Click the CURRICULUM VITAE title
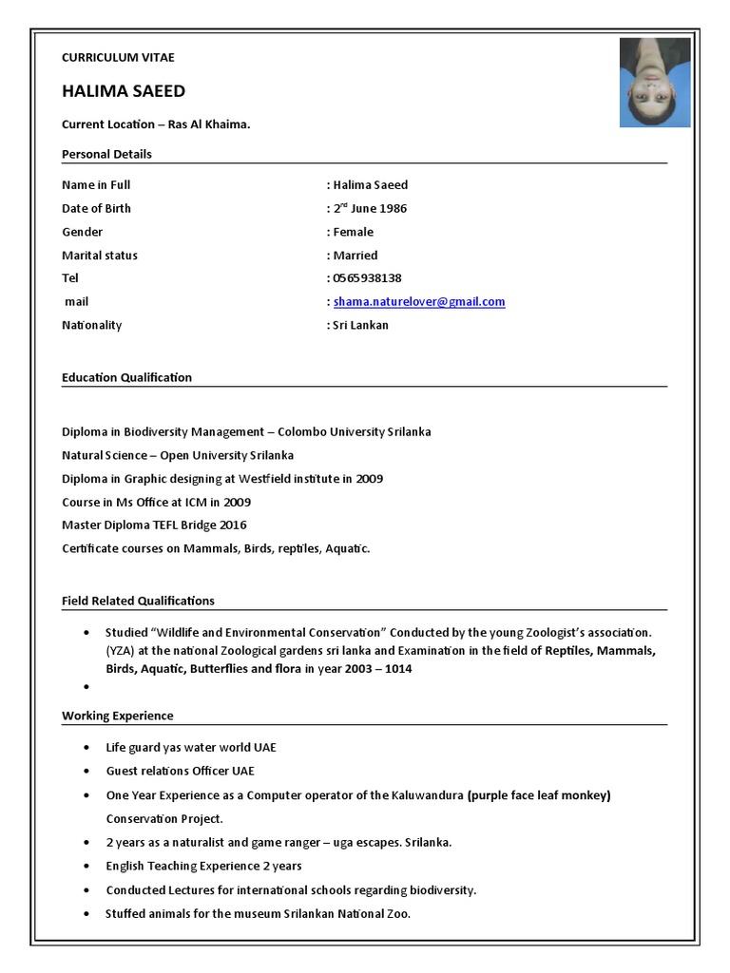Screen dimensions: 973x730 (118, 58)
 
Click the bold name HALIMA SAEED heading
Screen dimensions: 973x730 (124, 91)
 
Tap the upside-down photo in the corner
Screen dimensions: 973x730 (655, 83)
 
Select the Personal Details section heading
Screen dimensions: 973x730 (106, 154)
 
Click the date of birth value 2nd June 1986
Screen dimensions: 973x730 (370, 208)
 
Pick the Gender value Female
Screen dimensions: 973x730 (353, 232)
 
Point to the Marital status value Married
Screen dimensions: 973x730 (355, 255)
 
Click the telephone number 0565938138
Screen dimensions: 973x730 (367, 278)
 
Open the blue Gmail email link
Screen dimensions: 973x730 (419, 302)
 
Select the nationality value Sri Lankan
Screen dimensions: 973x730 (360, 325)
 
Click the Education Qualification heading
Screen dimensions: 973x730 (126, 377)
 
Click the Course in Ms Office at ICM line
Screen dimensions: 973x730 (156, 502)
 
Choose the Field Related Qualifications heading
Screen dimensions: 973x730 (138, 601)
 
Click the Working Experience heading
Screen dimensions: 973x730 (118, 715)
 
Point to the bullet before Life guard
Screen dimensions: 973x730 (86, 748)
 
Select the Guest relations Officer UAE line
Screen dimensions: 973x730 (180, 771)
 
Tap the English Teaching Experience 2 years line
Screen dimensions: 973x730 (203, 866)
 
